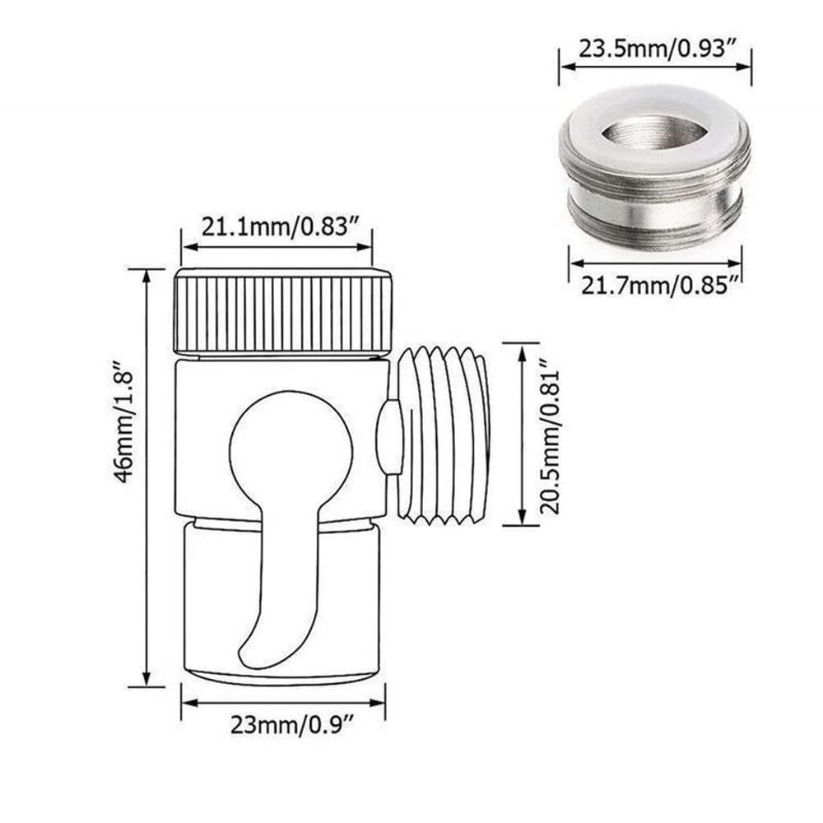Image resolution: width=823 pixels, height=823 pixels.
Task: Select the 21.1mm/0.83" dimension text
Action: [277, 226]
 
